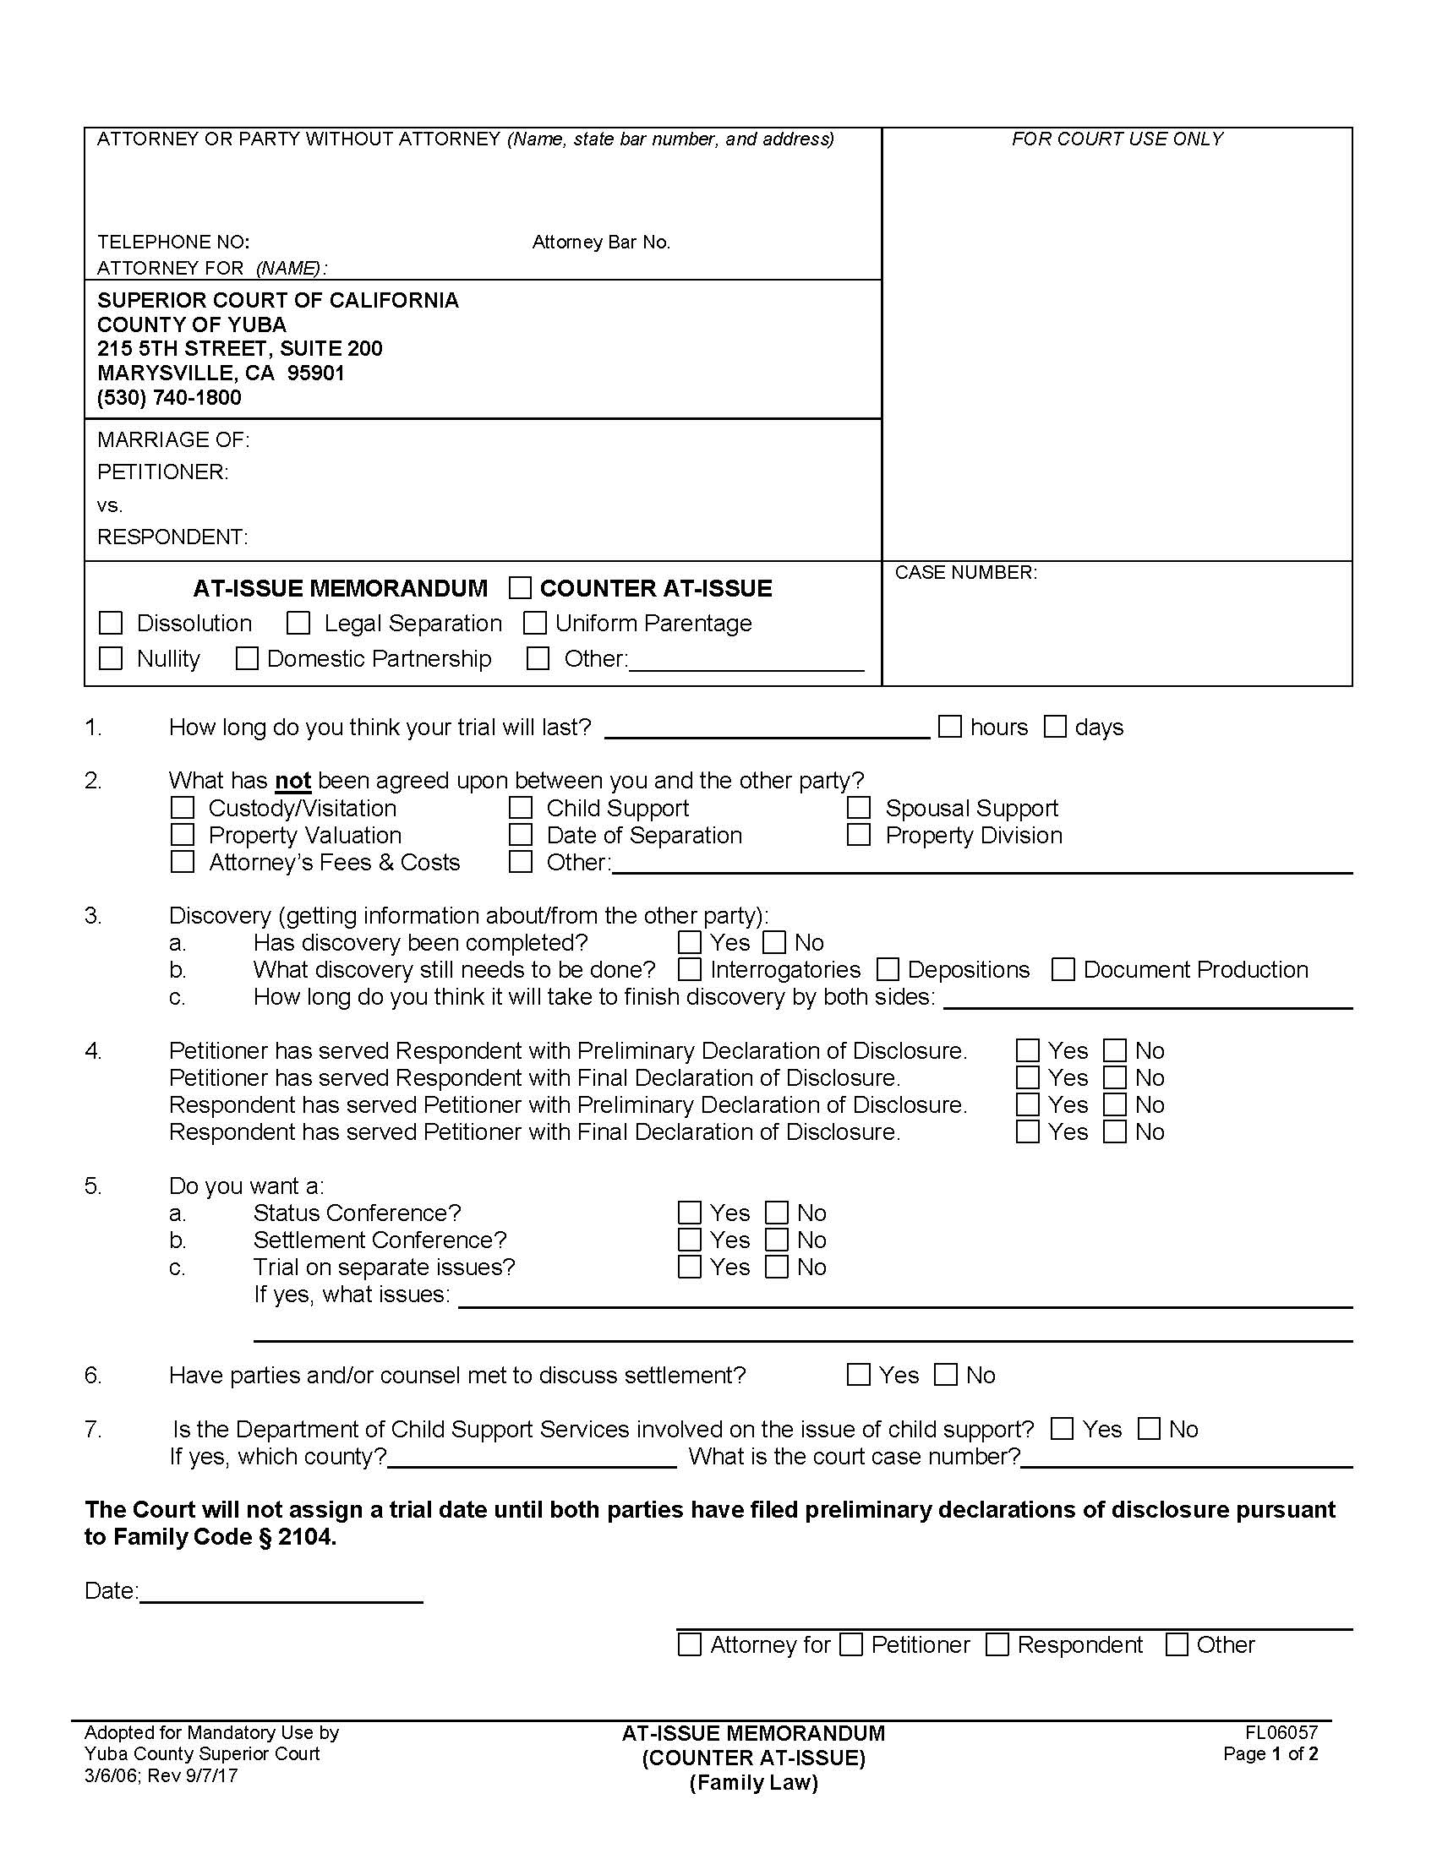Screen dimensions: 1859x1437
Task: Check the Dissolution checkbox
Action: [x=111, y=623]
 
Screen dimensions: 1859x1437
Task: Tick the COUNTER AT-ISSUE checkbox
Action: [x=520, y=588]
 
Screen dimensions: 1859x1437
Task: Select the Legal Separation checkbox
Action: [x=298, y=623]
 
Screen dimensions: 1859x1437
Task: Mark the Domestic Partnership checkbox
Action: [x=247, y=658]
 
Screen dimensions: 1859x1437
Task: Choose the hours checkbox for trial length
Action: [x=950, y=726]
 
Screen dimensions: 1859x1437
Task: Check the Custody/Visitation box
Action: [x=183, y=807]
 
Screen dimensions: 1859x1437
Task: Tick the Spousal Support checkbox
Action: [x=859, y=807]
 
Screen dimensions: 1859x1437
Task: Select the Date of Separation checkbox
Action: [x=520, y=834]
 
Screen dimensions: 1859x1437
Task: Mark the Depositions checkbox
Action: [x=888, y=968]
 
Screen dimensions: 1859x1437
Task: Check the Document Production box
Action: [x=1063, y=968]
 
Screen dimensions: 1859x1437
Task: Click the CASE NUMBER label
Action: [x=965, y=572]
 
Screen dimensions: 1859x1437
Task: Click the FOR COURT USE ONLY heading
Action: [x=1117, y=139]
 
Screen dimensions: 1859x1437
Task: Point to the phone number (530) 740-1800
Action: [x=169, y=397]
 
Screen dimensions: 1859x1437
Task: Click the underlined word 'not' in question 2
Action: [x=292, y=781]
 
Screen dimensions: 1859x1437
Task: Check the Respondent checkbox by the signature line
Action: [x=997, y=1644]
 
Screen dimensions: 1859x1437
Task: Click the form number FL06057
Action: [x=1281, y=1732]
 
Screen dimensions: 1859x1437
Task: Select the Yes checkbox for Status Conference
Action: [x=690, y=1212]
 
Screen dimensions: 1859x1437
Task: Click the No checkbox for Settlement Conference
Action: [x=776, y=1240]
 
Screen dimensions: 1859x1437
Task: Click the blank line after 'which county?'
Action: [x=532, y=1458]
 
